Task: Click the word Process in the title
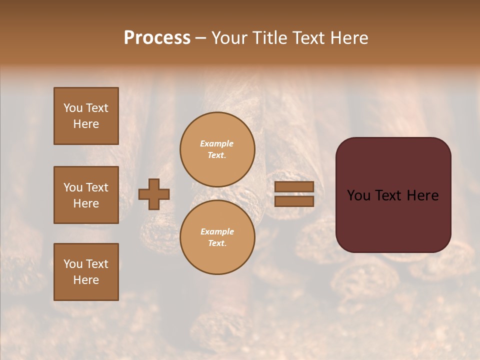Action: pyautogui.click(x=157, y=37)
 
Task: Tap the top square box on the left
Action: pyautogui.click(x=86, y=116)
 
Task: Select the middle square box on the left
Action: pyautogui.click(x=86, y=195)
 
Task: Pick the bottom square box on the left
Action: pyautogui.click(x=86, y=272)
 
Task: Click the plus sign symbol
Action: pyautogui.click(x=154, y=194)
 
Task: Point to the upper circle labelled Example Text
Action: pyautogui.click(x=217, y=149)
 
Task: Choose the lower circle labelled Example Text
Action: pyautogui.click(x=217, y=237)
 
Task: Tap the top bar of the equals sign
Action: pyautogui.click(x=294, y=187)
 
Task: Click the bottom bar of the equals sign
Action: pyautogui.click(x=294, y=201)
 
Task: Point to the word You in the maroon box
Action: pyautogui.click(x=358, y=195)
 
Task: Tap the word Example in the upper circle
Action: pyautogui.click(x=217, y=143)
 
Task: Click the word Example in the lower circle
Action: pyautogui.click(x=217, y=231)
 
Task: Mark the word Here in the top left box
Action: pyautogui.click(x=86, y=124)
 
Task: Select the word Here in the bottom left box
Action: pyautogui.click(x=86, y=280)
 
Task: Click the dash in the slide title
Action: pyautogui.click(x=201, y=38)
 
